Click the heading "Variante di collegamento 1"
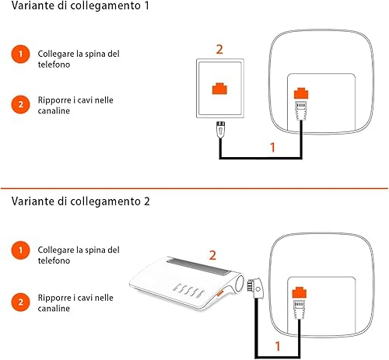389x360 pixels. [x=80, y=5]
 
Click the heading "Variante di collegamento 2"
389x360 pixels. [x=81, y=201]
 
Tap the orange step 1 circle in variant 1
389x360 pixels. [x=20, y=54]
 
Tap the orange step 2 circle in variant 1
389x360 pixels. [x=20, y=104]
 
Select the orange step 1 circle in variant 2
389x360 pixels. [x=20, y=250]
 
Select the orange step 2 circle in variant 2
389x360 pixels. [x=20, y=302]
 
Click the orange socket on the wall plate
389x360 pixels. [x=219, y=89]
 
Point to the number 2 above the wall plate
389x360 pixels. [x=219, y=49]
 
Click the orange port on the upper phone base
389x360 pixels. [x=301, y=93]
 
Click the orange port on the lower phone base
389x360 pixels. [x=300, y=292]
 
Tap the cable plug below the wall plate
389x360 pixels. [x=220, y=129]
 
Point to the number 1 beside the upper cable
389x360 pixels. [x=272, y=147]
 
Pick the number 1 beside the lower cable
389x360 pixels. [x=278, y=346]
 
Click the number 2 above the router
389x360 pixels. [x=212, y=255]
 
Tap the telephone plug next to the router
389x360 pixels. [x=255, y=288]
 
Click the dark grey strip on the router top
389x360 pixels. [x=198, y=266]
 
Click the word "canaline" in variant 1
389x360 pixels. [x=54, y=110]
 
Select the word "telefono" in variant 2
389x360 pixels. [x=54, y=260]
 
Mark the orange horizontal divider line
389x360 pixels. [x=194, y=188]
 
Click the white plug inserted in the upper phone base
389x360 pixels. [x=301, y=110]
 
